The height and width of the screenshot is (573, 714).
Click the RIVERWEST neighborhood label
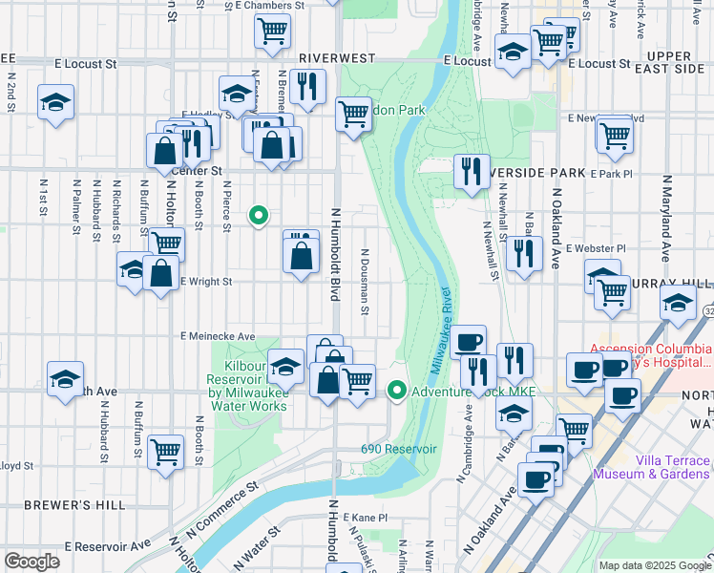pyautogui.click(x=335, y=58)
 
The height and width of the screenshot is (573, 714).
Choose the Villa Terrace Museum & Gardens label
pyautogui.click(x=652, y=465)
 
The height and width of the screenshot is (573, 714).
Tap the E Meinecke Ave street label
pyautogui.click(x=218, y=336)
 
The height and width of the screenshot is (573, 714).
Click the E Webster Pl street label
pyautogui.click(x=594, y=248)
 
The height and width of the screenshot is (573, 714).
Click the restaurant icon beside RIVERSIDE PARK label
pyautogui.click(x=471, y=173)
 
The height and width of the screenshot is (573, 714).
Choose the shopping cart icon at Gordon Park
pyautogui.click(x=353, y=115)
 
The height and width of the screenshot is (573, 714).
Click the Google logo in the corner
pyautogui.click(x=31, y=562)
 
